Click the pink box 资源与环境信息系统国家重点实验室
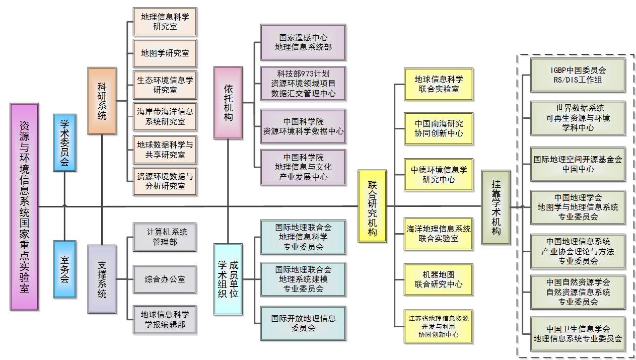coord(24,206)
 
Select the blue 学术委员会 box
coord(64,142)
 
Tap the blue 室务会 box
coord(64,269)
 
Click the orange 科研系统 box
coord(102,101)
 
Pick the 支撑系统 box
coord(102,279)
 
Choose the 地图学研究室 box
coord(165,53)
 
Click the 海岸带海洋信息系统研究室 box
coord(165,116)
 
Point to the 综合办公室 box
coord(165,279)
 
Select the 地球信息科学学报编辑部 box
coord(165,320)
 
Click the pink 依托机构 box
coord(228,103)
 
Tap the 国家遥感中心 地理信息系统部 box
coord(303,42)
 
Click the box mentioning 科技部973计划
coord(303,83)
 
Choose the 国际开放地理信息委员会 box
coord(303,323)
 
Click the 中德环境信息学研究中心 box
coord(439,174)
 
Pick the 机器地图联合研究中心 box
coord(439,279)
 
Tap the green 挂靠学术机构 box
coord(496,207)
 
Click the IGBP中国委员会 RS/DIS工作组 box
coord(578,75)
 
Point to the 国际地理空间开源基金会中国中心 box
coord(578,164)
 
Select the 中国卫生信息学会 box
coord(578,334)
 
